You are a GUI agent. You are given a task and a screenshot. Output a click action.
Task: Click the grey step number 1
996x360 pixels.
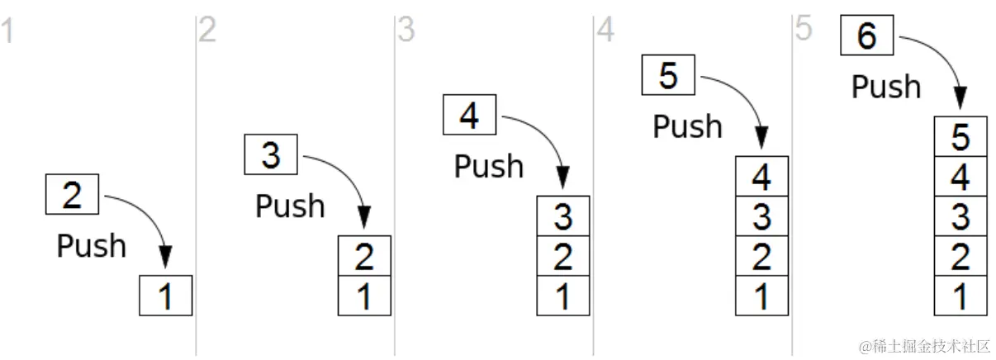7,32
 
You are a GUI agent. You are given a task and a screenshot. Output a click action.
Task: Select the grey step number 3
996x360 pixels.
406,31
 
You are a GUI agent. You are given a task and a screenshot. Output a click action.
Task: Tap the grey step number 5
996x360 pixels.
803,29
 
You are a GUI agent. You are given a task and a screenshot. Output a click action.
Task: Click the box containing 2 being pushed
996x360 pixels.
73,195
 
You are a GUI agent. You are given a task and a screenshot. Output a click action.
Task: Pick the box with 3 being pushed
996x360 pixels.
271,154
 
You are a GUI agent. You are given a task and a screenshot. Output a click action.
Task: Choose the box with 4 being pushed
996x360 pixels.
469,115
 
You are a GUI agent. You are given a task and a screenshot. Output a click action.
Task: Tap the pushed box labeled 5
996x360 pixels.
668,76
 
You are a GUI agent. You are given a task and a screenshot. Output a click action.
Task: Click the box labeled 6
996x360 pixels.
866,36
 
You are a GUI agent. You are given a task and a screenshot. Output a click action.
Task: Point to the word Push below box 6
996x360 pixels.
886,87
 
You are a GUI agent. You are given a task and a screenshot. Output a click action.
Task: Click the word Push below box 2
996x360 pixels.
91,245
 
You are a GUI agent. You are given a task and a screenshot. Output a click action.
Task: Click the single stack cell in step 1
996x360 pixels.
166,296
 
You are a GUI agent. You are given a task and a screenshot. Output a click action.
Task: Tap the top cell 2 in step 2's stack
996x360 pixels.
364,256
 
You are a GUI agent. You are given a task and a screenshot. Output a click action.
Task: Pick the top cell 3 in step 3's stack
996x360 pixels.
563,216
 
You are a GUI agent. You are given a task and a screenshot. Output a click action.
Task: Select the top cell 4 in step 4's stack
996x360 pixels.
761,177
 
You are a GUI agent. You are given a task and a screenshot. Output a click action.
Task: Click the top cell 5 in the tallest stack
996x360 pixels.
960,137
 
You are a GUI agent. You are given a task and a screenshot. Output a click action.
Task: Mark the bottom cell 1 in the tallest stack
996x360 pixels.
960,296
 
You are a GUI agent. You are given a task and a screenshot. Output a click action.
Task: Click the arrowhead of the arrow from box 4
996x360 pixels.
563,178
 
